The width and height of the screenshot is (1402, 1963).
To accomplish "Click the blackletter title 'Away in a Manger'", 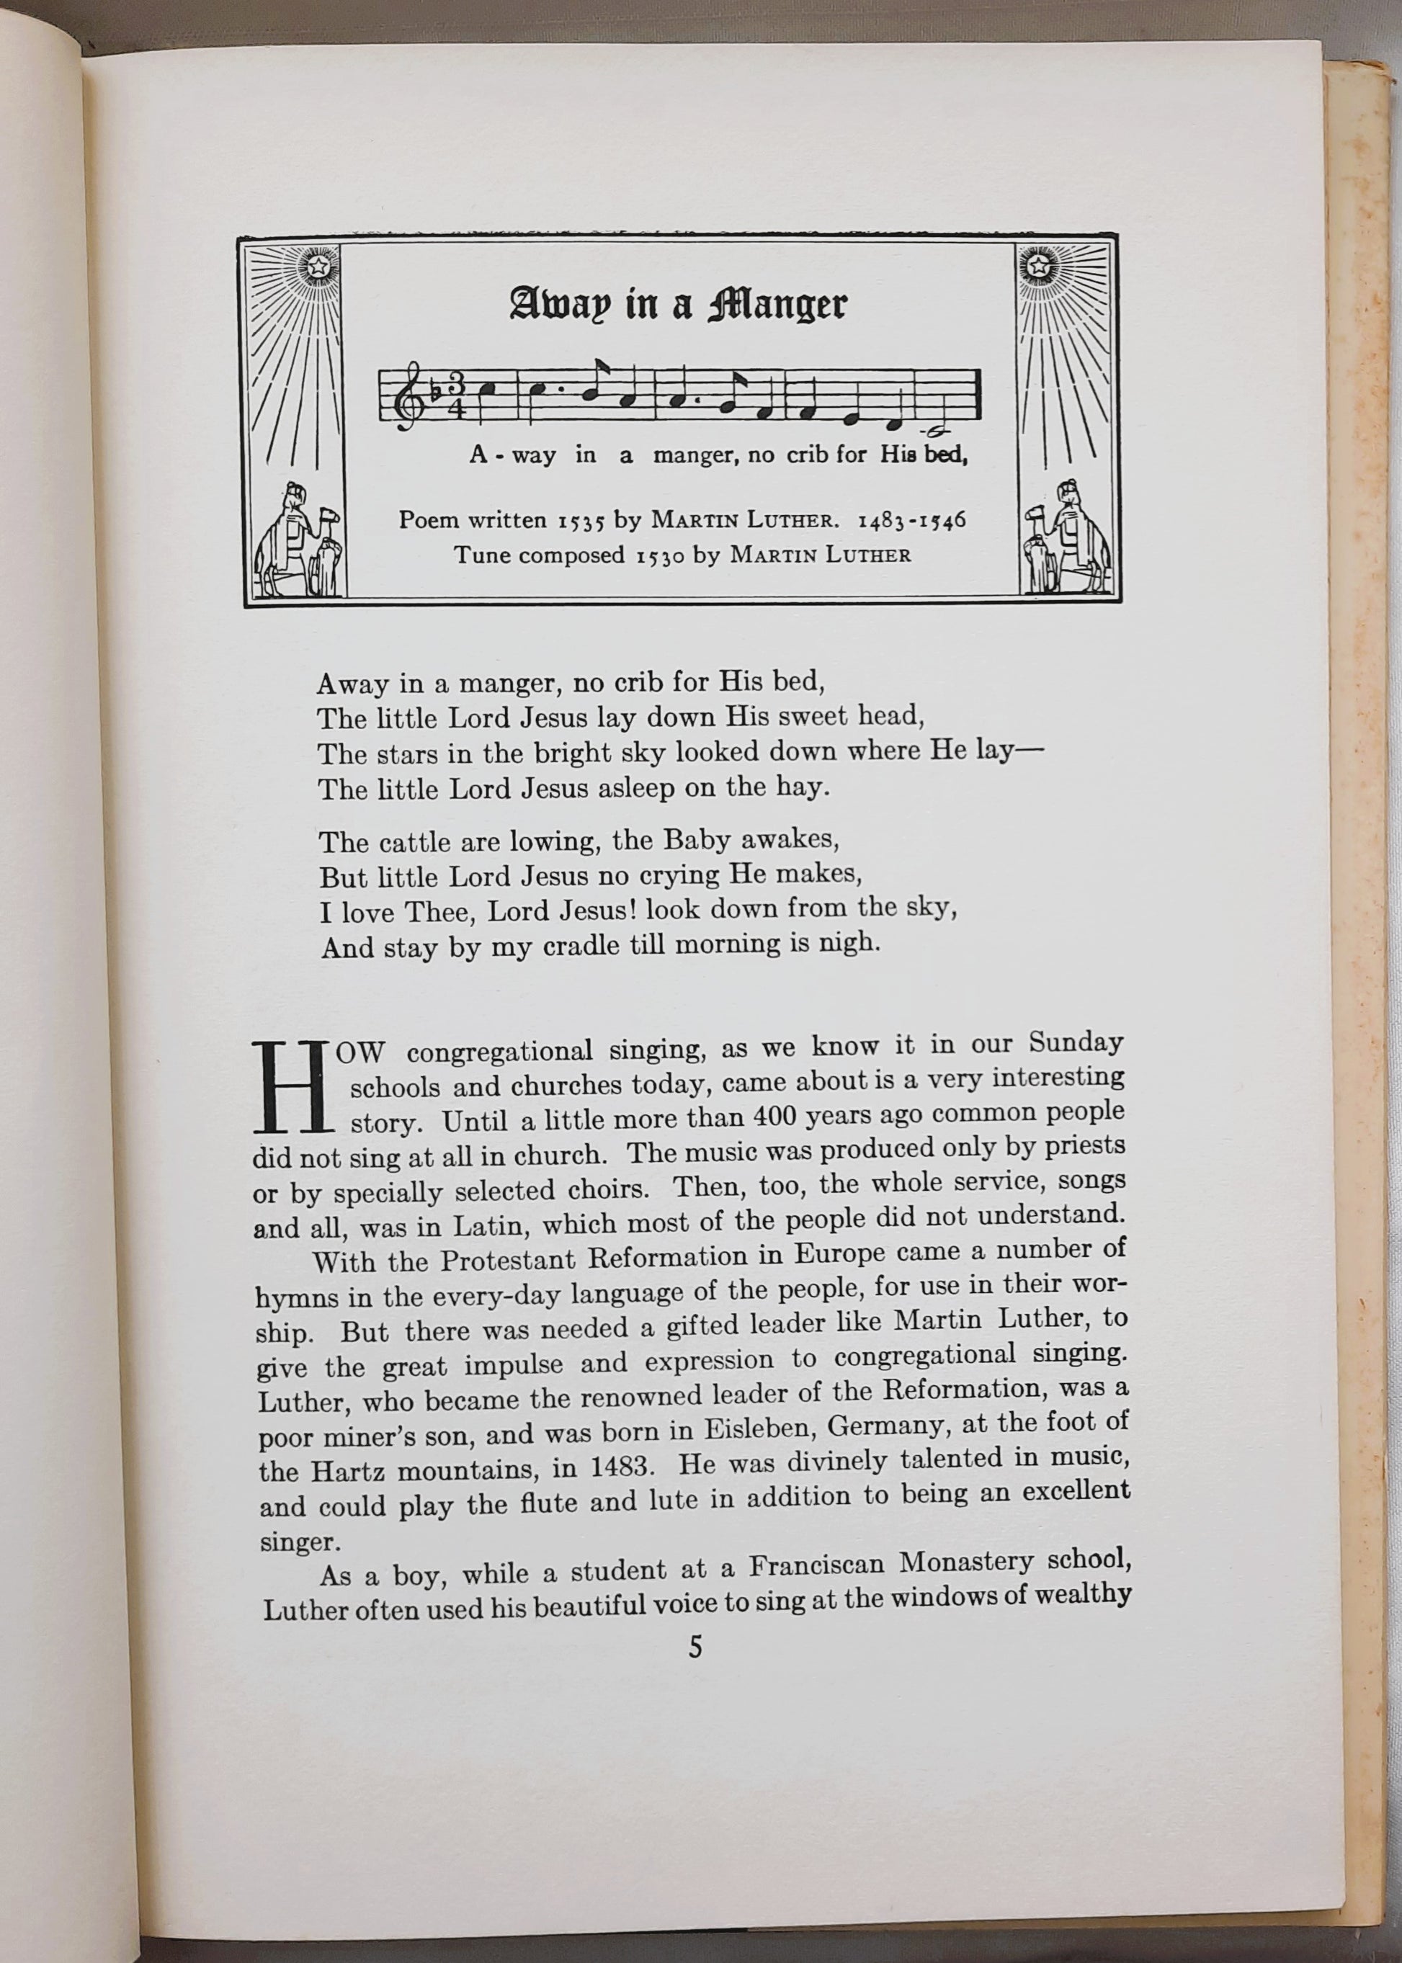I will point(678,304).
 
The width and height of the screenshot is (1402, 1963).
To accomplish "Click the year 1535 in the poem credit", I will point(581,521).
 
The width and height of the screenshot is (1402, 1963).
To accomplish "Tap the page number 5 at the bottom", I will point(696,1672).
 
